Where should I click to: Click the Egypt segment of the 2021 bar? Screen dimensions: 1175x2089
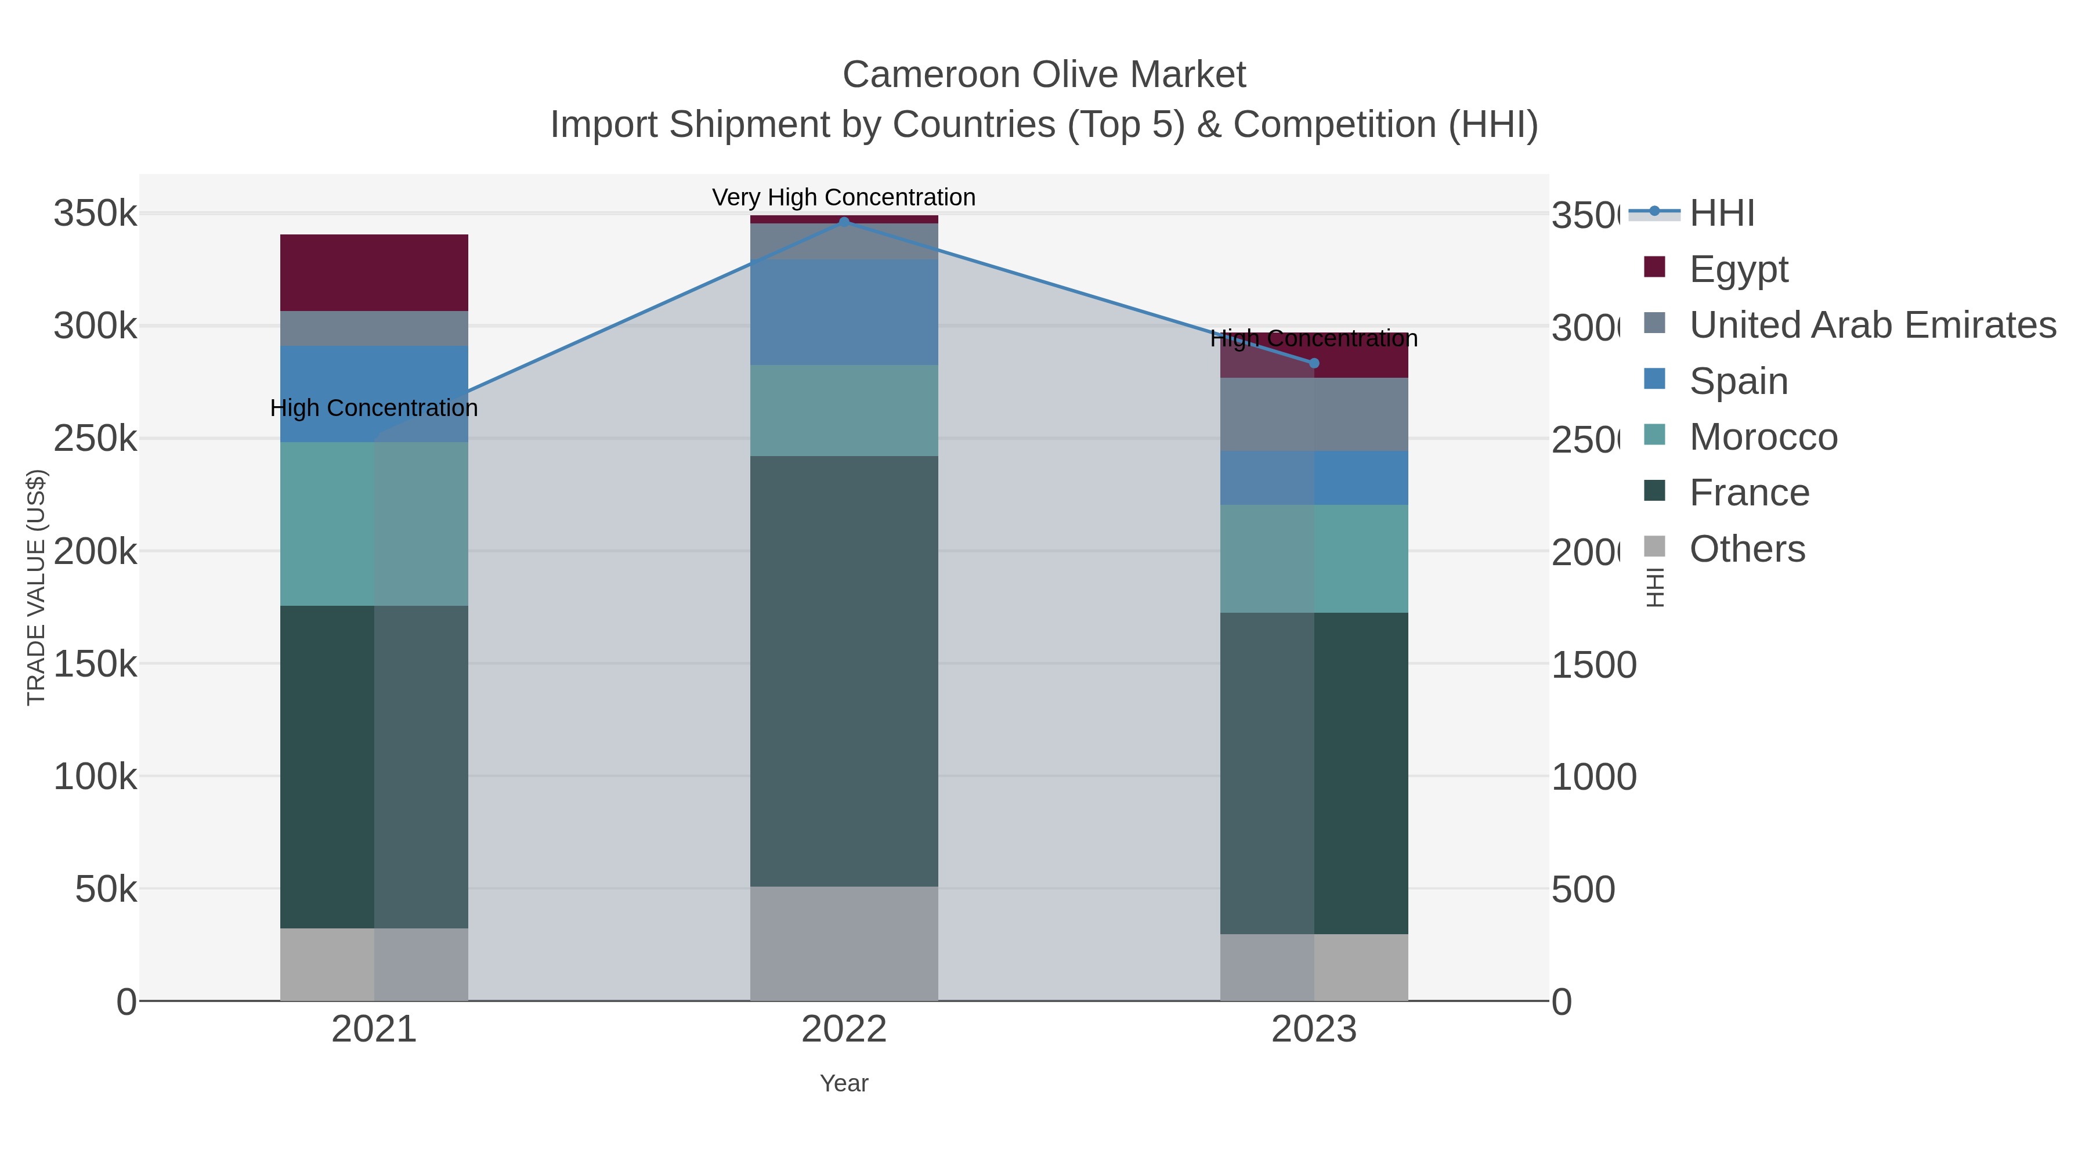tap(374, 273)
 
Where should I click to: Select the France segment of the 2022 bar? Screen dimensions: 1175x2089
tap(843, 671)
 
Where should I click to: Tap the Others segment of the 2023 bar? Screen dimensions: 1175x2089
tap(1314, 967)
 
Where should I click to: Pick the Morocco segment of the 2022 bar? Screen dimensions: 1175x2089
tap(843, 410)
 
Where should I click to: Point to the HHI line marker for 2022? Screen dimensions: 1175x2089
tap(843, 222)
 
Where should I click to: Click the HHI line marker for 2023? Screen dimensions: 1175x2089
tap(1314, 363)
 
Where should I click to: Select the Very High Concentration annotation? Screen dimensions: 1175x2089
tap(843, 197)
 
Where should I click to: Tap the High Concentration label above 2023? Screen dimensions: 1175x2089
tap(1314, 338)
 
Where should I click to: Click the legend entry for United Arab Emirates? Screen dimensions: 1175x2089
tap(1871, 324)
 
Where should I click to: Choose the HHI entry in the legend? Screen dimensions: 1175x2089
tap(1722, 214)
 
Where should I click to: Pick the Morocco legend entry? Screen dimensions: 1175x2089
tap(1763, 437)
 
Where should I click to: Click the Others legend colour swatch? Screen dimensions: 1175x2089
tap(1654, 547)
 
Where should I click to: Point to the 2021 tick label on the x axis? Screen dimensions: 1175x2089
tap(374, 1029)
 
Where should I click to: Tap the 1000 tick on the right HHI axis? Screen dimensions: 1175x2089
tap(1593, 777)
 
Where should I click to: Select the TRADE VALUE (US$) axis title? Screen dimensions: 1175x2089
tap(37, 587)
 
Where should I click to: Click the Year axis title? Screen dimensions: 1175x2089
tap(843, 1083)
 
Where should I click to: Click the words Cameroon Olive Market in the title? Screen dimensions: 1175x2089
tap(1044, 75)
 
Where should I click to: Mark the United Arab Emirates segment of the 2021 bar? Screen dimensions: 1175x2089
tap(374, 328)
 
